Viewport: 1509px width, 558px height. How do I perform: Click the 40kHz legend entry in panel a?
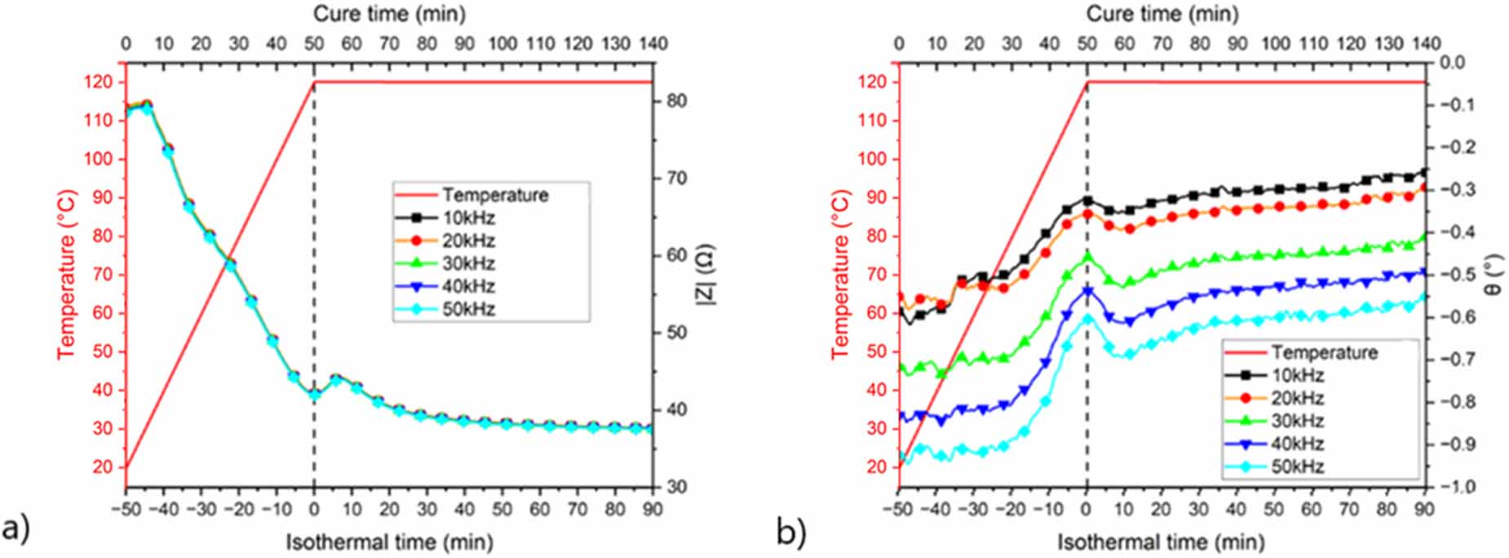(x=468, y=286)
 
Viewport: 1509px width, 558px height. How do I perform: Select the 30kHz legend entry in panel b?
(x=1297, y=421)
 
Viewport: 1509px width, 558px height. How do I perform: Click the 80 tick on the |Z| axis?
(x=677, y=101)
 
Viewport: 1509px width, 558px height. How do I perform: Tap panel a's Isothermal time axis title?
(x=389, y=542)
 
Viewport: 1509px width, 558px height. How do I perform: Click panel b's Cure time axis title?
(x=1162, y=14)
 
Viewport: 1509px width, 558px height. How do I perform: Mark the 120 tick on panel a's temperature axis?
(x=98, y=82)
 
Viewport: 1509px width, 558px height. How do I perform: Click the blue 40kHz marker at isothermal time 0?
(x=1087, y=290)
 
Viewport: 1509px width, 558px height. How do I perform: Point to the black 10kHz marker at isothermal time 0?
(x=1087, y=200)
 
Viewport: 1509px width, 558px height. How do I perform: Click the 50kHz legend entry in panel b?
(x=1297, y=467)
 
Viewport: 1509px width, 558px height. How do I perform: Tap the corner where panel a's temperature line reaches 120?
(x=315, y=82)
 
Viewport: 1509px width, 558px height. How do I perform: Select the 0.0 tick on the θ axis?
(x=1452, y=63)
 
